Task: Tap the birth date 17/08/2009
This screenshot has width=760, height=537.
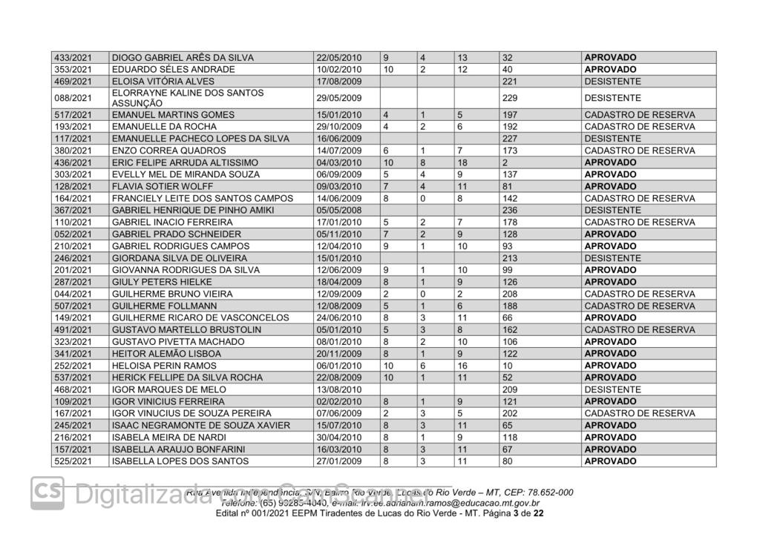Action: coord(338,81)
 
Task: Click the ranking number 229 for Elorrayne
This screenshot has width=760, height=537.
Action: coord(509,98)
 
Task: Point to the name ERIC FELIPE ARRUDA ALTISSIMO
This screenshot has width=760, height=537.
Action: coord(185,162)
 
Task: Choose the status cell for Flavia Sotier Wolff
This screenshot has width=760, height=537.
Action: coord(610,186)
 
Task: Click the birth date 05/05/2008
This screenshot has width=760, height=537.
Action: coord(338,210)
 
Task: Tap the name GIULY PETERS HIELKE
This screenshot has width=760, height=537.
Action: coord(161,282)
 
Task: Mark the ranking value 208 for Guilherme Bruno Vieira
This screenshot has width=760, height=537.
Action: coord(509,294)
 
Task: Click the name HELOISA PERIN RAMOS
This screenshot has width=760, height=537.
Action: coord(164,366)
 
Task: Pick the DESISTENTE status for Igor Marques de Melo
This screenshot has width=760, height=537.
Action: coord(612,389)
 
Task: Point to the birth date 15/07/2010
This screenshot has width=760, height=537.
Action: coord(338,425)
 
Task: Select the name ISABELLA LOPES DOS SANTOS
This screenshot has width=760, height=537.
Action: coord(171,461)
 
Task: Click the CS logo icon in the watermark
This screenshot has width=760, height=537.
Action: coord(48,492)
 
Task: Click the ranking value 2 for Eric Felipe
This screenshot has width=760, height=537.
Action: coord(505,162)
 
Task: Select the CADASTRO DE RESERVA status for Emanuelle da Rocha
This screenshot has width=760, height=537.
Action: coord(639,127)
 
